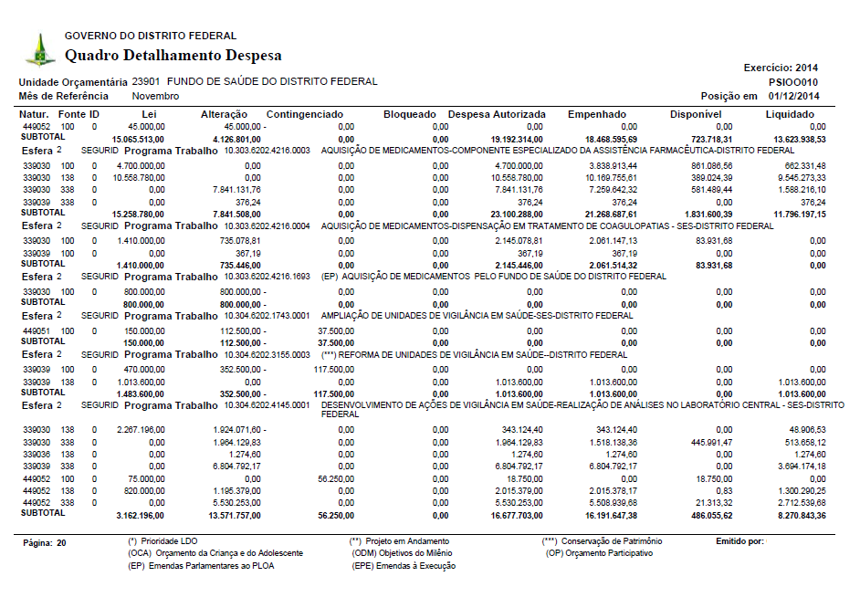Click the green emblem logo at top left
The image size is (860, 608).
pyautogui.click(x=39, y=49)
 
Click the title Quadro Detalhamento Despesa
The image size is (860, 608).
pyautogui.click(x=173, y=56)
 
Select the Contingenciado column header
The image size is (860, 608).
pyautogui.click(x=305, y=114)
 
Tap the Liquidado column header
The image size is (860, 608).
pyautogui.click(x=790, y=114)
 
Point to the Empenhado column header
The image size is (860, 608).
pyautogui.click(x=596, y=114)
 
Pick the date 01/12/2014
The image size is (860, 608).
pyautogui.click(x=793, y=96)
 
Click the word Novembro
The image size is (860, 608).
pyautogui.click(x=155, y=96)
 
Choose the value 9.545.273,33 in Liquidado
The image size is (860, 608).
pyautogui.click(x=799, y=177)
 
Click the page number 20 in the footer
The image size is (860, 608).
pyautogui.click(x=61, y=542)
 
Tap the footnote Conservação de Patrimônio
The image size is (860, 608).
pyautogui.click(x=608, y=541)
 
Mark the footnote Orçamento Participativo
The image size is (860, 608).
pyautogui.click(x=603, y=553)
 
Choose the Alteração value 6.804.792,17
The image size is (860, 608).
pyautogui.click(x=236, y=465)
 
